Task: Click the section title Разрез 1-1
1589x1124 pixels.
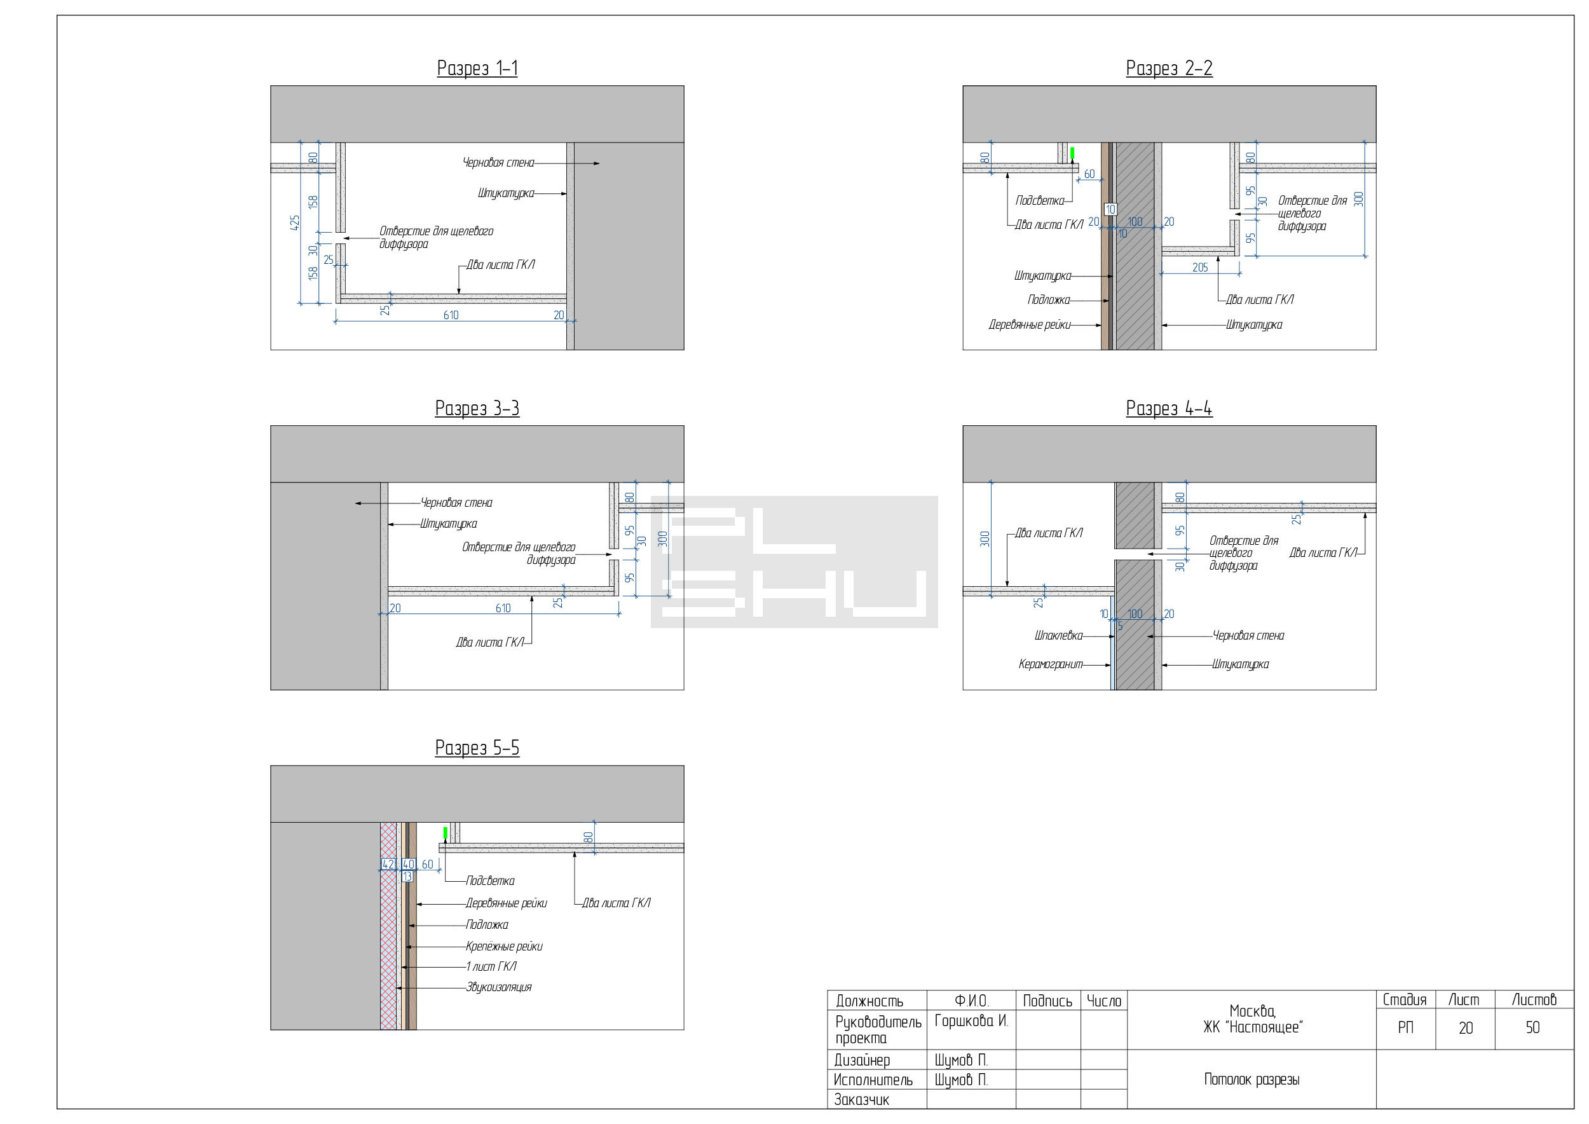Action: (477, 69)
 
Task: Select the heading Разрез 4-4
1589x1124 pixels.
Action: (1169, 408)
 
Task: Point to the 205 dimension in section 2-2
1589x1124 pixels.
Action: (1200, 267)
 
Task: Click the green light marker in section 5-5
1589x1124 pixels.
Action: (445, 833)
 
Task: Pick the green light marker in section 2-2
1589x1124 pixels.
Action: (1072, 153)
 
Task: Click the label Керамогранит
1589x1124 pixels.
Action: (1050, 664)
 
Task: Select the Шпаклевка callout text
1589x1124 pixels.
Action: (1058, 635)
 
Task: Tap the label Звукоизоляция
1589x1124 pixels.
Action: (498, 987)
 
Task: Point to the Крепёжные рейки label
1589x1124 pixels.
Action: (504, 946)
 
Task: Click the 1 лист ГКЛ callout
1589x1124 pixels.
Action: (491, 966)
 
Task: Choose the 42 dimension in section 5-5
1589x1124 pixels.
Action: (388, 865)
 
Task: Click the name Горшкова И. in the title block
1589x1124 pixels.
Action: (971, 1021)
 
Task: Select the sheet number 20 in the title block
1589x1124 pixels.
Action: (1465, 1028)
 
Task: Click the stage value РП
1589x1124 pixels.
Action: (1405, 1028)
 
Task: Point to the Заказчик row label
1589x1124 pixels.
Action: (861, 1100)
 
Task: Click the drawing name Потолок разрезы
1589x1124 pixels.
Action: (1251, 1079)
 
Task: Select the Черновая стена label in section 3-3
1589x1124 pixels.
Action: (456, 502)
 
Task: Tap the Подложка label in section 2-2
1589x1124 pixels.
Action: (1049, 299)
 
